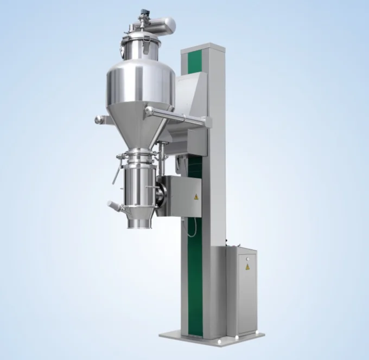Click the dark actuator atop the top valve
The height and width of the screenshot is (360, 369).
[145, 12]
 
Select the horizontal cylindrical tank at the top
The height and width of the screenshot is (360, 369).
[162, 25]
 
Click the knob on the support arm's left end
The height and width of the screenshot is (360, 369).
[98, 119]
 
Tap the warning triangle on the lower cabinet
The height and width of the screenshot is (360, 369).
[247, 267]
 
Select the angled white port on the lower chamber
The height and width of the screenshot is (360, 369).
[114, 206]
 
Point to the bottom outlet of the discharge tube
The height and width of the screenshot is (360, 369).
[139, 223]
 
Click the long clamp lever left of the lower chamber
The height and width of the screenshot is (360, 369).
[115, 173]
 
